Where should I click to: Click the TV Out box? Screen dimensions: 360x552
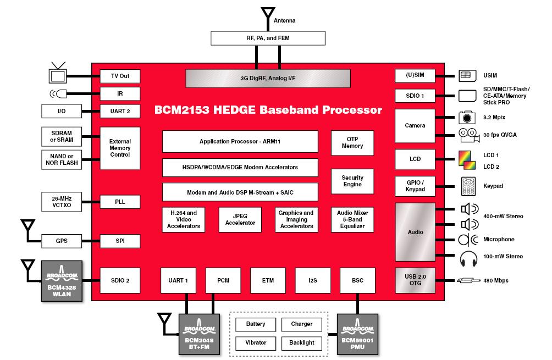(x=119, y=76)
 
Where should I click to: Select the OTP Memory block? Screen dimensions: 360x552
(x=352, y=142)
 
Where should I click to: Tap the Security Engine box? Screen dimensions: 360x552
(x=352, y=181)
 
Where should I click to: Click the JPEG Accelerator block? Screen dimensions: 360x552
(x=240, y=219)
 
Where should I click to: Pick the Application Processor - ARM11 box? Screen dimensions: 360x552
(x=240, y=141)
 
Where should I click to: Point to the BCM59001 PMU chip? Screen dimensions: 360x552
(x=357, y=335)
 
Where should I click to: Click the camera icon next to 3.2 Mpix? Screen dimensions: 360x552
(x=467, y=117)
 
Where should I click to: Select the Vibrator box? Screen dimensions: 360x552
(x=256, y=342)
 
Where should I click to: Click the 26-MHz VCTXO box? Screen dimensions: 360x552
(x=62, y=201)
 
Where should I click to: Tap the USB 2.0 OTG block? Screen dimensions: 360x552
(x=415, y=280)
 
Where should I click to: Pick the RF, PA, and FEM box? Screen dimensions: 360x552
(x=268, y=38)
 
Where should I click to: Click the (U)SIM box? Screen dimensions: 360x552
(x=415, y=76)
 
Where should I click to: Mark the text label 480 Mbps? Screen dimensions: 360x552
(x=496, y=280)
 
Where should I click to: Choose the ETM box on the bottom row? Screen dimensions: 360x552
(x=268, y=280)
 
